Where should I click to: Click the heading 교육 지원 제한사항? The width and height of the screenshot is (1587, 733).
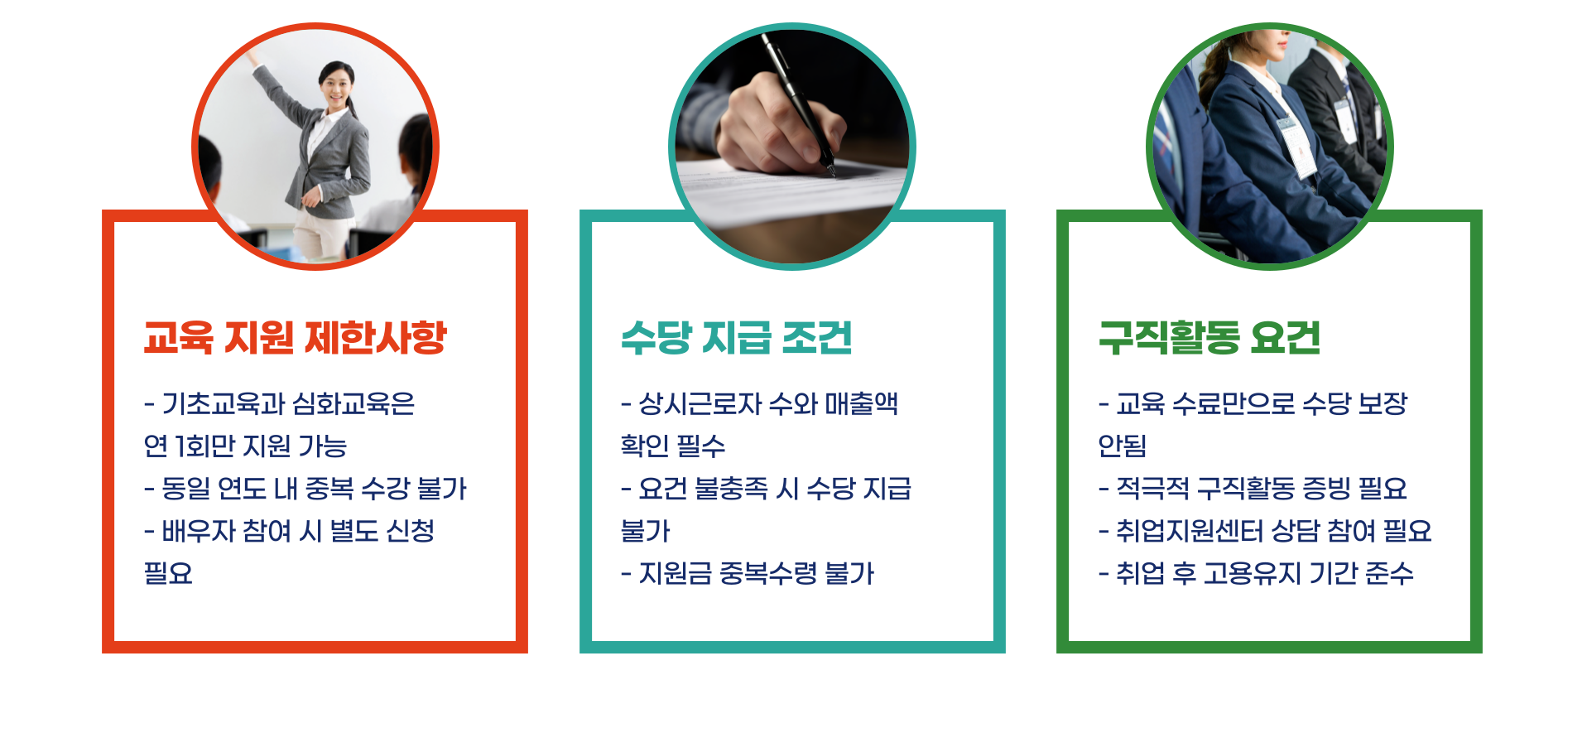pos(295,338)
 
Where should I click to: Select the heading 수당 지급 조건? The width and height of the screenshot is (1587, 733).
pos(736,338)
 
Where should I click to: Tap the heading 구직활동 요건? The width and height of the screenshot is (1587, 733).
pos(1209,338)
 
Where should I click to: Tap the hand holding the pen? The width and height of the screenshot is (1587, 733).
pos(770,124)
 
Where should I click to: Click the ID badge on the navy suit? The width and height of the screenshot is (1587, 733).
pos(1297,149)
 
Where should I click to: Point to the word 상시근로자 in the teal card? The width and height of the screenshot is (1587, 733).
pos(700,404)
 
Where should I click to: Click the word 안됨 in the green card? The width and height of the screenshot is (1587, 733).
pos(1122,446)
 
